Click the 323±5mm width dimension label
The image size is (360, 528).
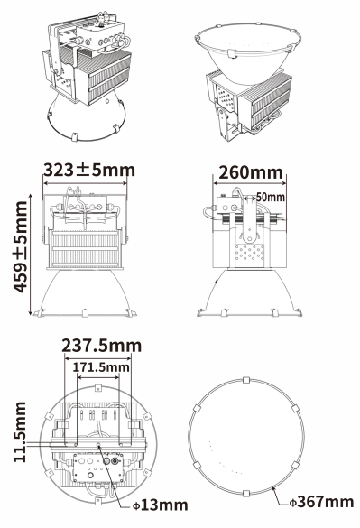tap(89, 170)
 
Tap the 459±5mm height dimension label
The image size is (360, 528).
tap(20, 246)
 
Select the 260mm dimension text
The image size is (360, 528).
tap(251, 172)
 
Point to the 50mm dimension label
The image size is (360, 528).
tap(271, 197)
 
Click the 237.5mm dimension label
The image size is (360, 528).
tap(102, 346)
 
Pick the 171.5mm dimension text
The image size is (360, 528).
tap(101, 367)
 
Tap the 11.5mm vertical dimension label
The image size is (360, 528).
tap(20, 432)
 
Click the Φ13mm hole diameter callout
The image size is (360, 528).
tap(161, 505)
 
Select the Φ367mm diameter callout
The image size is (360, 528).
tap(321, 502)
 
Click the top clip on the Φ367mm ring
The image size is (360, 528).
tap(246, 380)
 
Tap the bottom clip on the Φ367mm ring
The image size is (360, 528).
tap(246, 494)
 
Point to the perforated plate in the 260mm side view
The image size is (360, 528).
tap(249, 253)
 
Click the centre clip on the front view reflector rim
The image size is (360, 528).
tap(85, 313)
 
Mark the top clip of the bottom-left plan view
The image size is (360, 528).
tap(98, 388)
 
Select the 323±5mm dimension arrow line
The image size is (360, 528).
tap(85, 183)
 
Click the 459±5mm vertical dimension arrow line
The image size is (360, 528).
tap(31, 255)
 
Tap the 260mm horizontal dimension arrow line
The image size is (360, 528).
tap(249, 184)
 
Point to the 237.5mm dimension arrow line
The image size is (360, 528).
tap(97, 358)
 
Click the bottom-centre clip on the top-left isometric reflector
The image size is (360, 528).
tap(74, 137)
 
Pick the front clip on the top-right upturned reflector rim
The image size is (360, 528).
tap(231, 54)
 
